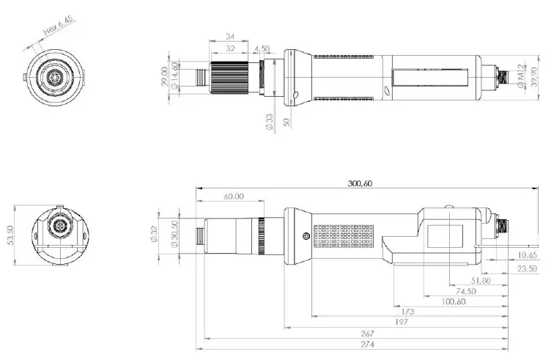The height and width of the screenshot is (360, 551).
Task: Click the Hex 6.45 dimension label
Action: pos(59,28)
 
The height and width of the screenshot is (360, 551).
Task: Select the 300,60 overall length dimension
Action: pos(360,184)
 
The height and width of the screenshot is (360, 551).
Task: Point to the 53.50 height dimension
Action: pos(10,237)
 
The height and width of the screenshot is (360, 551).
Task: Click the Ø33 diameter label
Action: pos(269,121)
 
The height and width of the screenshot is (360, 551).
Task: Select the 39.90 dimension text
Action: pos(531,76)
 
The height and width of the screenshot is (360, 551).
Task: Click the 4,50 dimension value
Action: pos(262,50)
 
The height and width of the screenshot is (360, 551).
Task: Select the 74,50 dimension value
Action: pos(464,290)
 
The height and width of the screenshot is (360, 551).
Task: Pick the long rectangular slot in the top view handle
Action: pos(431,76)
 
